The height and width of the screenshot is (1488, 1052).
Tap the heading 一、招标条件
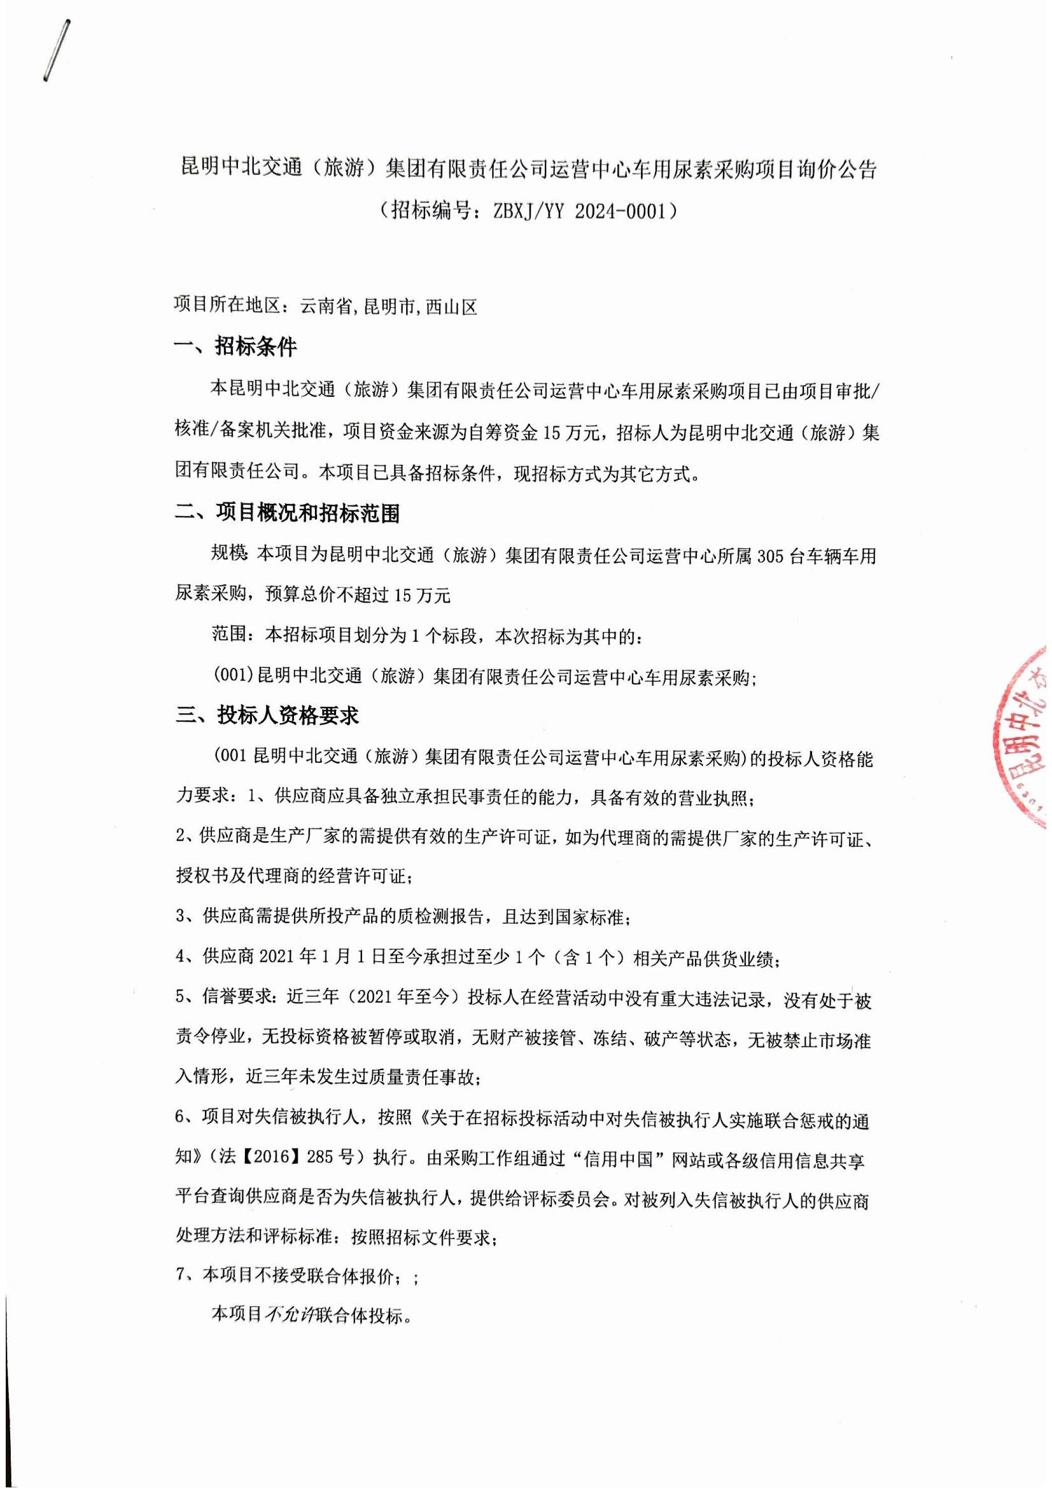coord(236,347)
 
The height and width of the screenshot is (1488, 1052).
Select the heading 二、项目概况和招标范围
coord(288,514)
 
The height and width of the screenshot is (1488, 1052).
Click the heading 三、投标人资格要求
coord(267,716)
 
